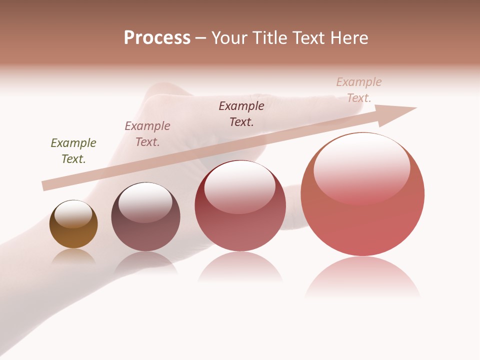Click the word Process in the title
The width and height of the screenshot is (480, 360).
(157, 38)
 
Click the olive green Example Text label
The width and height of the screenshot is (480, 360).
(73, 151)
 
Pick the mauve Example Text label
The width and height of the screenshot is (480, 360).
(147, 134)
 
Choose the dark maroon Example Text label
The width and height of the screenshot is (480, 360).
(241, 114)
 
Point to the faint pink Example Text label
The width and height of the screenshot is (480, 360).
(359, 90)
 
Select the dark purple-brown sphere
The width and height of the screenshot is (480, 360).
(145, 232)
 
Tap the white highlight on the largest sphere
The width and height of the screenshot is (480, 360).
(361, 167)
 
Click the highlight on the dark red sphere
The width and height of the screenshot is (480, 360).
(239, 187)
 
